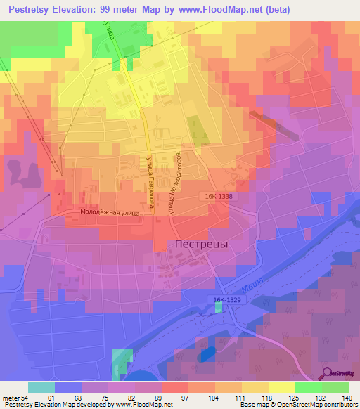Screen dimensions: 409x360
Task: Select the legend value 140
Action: (347, 397)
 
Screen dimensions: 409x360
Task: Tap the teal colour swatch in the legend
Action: (41, 387)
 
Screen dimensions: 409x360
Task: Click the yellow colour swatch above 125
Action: (281, 387)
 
